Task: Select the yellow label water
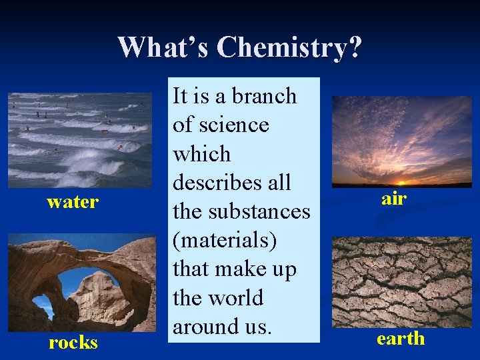[x=73, y=201]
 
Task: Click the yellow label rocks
[x=73, y=343]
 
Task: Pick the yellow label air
[x=394, y=199]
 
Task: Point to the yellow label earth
[x=400, y=339]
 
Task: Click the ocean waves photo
[x=80, y=139]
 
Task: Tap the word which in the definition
[x=201, y=154]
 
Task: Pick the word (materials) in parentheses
[x=225, y=240]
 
